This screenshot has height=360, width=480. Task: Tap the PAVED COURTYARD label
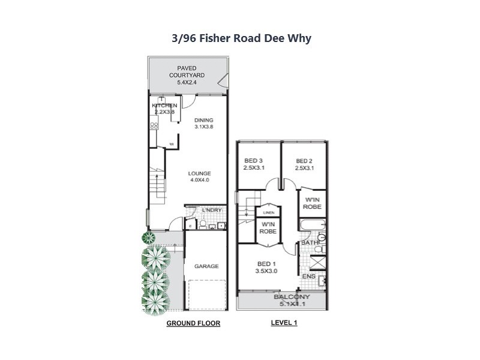(187, 75)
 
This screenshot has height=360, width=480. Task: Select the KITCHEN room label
(163, 109)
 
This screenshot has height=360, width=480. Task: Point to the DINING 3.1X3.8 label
(203, 124)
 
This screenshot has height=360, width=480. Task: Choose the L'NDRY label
(212, 209)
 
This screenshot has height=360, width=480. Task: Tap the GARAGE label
(206, 266)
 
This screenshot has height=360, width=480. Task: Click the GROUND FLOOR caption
(193, 323)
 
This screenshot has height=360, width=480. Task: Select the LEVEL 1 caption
(284, 323)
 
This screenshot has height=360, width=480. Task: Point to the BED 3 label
(254, 164)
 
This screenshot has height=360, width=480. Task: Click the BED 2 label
(305, 164)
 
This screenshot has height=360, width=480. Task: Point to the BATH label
(308, 242)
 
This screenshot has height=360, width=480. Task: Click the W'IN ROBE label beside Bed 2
(313, 203)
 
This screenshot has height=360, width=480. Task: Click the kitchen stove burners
(154, 126)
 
